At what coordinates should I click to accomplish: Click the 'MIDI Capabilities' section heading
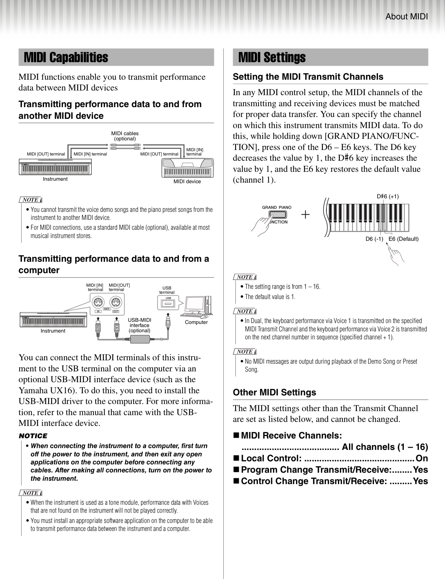point(66,57)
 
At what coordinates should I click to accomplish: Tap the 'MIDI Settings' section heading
point(272,57)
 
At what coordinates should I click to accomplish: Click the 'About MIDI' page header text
point(406,17)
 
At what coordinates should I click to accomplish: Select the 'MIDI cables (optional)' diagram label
point(125,136)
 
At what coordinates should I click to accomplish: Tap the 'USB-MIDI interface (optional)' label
point(139,325)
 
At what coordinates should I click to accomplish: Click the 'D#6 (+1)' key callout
point(387,196)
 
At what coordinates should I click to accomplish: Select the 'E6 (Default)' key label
point(403,239)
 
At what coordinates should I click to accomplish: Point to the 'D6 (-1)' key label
point(374,239)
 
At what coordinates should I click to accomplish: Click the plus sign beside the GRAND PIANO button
point(305,214)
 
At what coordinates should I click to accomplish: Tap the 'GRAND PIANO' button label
point(277,207)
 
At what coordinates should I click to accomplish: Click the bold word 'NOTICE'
point(33,436)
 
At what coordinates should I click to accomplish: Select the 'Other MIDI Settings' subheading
point(275,392)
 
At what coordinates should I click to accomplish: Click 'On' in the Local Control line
point(422,458)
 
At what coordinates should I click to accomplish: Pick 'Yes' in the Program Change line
point(420,470)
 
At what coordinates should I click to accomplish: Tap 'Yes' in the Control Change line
point(420,481)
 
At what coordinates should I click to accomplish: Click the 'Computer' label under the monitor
point(196,322)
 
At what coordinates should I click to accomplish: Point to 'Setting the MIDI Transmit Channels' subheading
point(308,77)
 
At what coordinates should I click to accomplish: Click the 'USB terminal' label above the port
point(167,290)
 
